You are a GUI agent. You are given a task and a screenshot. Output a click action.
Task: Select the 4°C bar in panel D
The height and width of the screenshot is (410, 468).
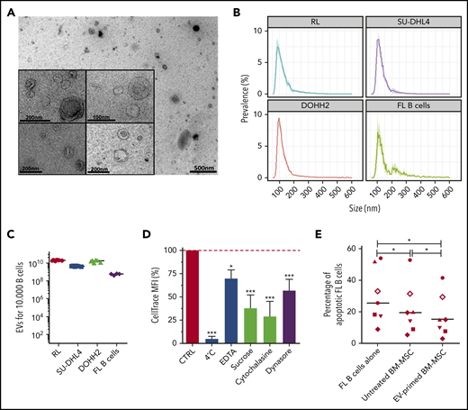[x=211, y=342]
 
